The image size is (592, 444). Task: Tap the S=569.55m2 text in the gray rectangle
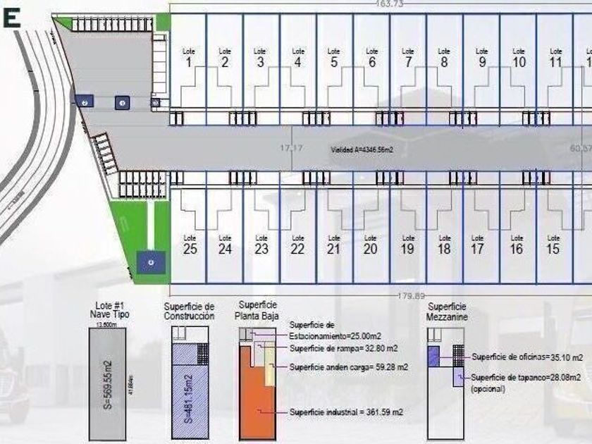pyautogui.click(x=108, y=384)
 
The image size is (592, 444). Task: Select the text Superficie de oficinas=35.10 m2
pyautogui.click(x=527, y=357)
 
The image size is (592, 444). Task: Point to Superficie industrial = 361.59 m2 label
pyautogui.click(x=346, y=412)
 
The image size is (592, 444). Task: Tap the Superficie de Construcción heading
pyautogui.click(x=188, y=312)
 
